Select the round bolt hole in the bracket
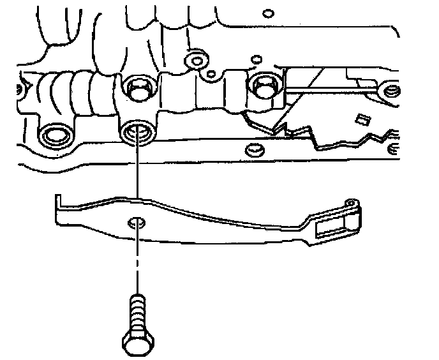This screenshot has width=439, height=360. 136,223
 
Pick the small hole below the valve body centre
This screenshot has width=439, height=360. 253,151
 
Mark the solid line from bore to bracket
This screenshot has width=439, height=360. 136,172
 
